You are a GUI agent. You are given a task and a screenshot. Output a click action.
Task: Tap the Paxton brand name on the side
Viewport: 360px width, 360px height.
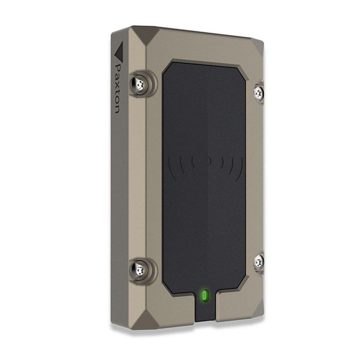117,89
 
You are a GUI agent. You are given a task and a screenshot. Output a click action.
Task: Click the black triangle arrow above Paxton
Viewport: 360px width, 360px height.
119,51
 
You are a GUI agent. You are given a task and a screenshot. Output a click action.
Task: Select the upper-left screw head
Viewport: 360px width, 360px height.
139,84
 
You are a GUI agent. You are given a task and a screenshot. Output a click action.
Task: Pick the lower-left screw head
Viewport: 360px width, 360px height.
139,271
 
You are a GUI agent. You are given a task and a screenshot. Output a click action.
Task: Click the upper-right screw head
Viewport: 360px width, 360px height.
259,93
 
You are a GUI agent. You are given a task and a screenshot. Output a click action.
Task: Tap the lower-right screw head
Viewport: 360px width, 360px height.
259,262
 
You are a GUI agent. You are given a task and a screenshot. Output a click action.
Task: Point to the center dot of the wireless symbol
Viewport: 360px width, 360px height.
208,161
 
